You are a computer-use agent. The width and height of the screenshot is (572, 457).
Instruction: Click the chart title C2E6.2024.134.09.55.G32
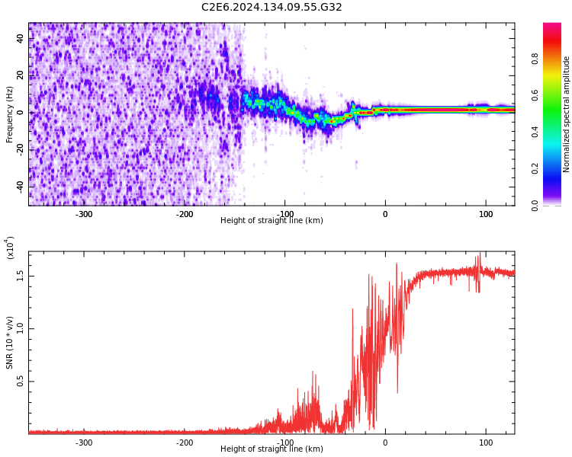(272, 8)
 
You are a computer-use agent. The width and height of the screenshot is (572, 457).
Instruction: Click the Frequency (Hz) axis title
(10, 114)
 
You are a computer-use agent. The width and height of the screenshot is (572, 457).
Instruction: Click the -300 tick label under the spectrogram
(84, 214)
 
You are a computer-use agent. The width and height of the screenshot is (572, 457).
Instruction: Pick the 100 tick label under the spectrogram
(486, 214)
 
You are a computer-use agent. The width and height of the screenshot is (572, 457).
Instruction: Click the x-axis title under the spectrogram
(272, 221)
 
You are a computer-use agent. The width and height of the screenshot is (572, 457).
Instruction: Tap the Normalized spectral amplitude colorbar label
(567, 114)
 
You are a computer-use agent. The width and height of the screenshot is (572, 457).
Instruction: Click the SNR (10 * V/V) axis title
(10, 343)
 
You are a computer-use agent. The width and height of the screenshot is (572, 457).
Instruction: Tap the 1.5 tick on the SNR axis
(21, 275)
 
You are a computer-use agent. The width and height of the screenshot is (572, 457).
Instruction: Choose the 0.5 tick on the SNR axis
(21, 382)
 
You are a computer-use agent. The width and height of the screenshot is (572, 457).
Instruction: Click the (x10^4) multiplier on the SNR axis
(11, 248)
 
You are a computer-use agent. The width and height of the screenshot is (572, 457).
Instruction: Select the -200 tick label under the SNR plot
(185, 443)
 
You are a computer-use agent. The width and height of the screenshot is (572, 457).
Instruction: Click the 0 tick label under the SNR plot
(385, 443)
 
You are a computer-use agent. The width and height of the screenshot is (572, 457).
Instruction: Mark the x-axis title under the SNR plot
(272, 449)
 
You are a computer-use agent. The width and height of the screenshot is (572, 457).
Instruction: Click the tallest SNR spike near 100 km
(479, 257)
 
